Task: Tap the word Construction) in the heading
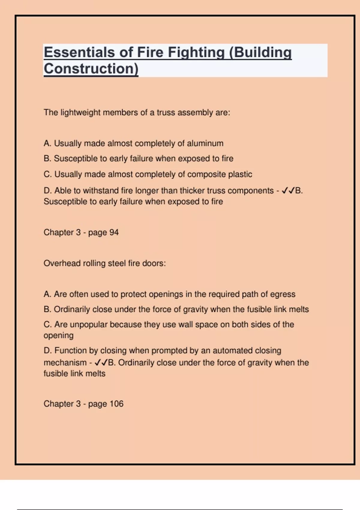tap(91, 69)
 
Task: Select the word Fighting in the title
tap(196, 52)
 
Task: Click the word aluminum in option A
tap(205, 143)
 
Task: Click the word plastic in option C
tap(240, 174)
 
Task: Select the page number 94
tap(114, 232)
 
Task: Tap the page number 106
tap(116, 404)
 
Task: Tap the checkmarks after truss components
tap(288, 191)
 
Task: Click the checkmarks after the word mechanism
tap(101, 363)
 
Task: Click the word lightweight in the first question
tap(80, 112)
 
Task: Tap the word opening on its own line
tap(58, 336)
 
